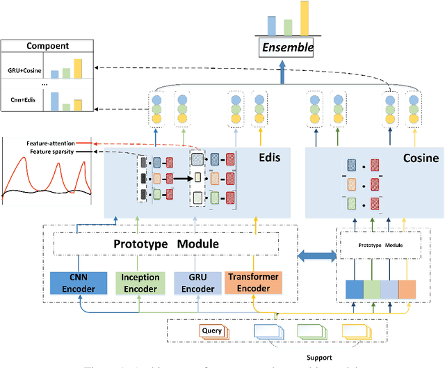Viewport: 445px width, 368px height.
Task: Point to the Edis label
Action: tap(269, 158)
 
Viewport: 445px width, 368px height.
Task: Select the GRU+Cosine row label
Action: tap(25, 70)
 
